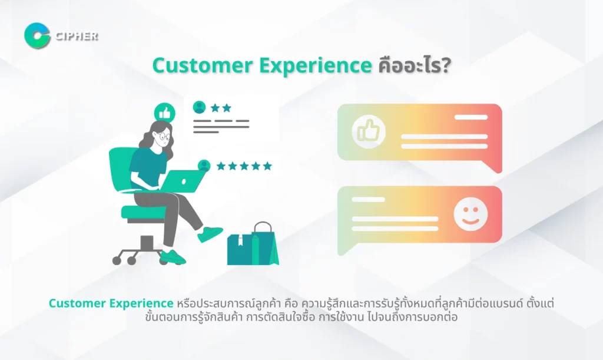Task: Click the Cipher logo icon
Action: point(37,36)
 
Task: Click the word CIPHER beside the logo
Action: point(77,36)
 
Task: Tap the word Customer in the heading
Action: point(203,65)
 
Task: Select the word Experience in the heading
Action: point(316,66)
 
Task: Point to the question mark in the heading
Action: point(446,66)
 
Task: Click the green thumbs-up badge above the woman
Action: point(165,113)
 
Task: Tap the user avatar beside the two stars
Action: point(199,107)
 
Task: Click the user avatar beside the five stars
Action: point(204,166)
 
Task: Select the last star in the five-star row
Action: point(267,166)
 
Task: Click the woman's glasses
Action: point(163,136)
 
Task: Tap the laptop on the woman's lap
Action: point(183,181)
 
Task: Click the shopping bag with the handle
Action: point(265,243)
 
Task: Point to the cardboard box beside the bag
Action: point(240,250)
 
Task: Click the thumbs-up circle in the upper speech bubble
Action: point(369,132)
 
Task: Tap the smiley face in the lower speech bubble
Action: point(471,214)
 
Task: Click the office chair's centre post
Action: point(147,243)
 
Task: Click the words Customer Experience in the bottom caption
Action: point(111,303)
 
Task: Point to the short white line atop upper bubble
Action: point(471,117)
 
